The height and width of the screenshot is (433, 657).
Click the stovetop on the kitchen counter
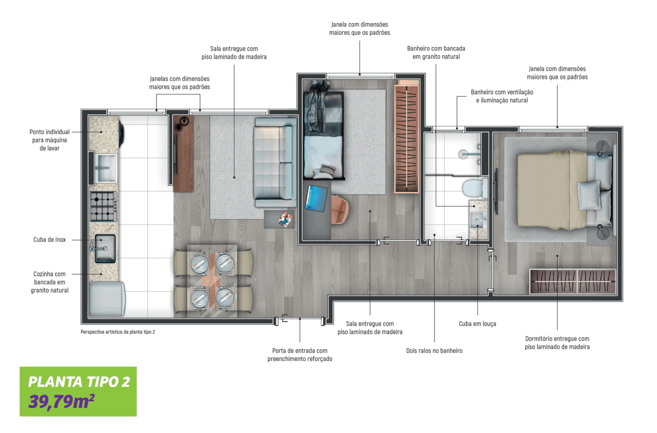point(103,207)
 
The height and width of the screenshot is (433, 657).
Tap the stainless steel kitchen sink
point(105,248)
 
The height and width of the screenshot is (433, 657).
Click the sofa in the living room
point(274,163)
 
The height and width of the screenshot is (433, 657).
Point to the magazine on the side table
point(285,219)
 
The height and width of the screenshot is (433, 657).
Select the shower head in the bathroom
point(464,153)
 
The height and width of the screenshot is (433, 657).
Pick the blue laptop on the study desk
point(317,198)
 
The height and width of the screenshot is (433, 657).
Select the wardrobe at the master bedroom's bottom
point(573,281)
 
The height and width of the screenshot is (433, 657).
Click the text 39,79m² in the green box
point(61,401)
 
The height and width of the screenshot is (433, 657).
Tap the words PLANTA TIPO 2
point(79,381)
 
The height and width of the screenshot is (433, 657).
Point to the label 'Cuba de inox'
point(50,240)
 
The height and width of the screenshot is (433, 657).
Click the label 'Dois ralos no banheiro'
point(434,350)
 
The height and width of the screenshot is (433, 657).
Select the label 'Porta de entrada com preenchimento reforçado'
point(300,355)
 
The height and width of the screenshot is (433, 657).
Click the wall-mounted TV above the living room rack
point(175,154)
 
